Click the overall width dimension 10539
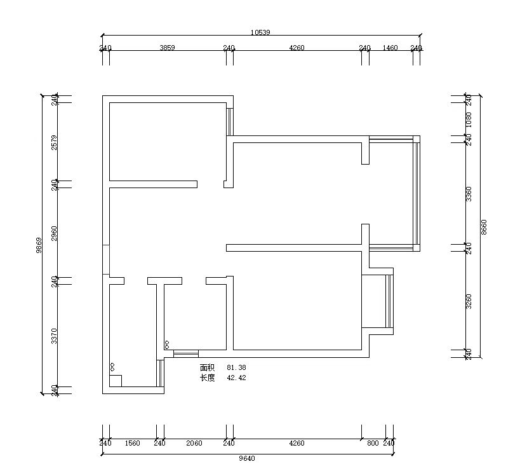(x=260, y=32)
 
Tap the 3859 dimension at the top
(x=167, y=48)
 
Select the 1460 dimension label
(x=390, y=48)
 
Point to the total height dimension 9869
(x=39, y=245)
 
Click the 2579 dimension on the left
(x=55, y=142)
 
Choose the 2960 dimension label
(x=55, y=233)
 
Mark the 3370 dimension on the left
(x=55, y=336)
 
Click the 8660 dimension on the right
(x=484, y=227)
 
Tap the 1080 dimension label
(x=469, y=119)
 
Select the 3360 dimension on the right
(x=469, y=194)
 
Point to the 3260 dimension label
(x=469, y=301)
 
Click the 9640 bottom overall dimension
(x=247, y=458)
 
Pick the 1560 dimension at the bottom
(x=132, y=443)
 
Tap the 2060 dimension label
(x=194, y=443)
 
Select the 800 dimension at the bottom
(x=373, y=443)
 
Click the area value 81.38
(x=236, y=367)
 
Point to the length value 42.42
(x=236, y=378)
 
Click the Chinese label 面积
(x=208, y=367)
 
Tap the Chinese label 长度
(x=208, y=378)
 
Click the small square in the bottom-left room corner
(x=116, y=381)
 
